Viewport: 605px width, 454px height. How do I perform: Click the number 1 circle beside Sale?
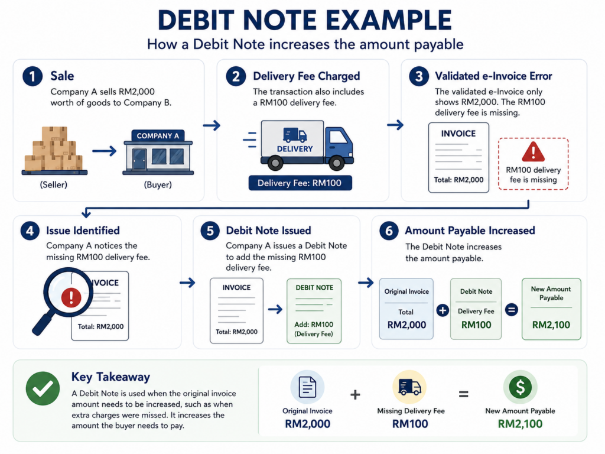click(x=32, y=76)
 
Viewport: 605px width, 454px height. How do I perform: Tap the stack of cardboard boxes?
click(x=54, y=149)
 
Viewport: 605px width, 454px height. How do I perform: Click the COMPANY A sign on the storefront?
click(x=158, y=135)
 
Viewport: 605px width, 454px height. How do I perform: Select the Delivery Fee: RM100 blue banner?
click(x=300, y=183)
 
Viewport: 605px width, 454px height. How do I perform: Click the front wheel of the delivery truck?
click(x=336, y=163)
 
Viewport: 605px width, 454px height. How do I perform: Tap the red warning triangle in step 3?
click(x=534, y=152)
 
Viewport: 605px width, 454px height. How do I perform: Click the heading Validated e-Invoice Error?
click(x=493, y=76)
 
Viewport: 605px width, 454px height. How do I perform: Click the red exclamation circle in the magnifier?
click(x=71, y=297)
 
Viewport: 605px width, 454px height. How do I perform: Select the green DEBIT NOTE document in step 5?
click(x=314, y=311)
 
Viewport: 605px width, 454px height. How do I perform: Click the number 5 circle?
click(x=210, y=231)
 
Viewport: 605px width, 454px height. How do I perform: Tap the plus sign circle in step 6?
click(x=443, y=310)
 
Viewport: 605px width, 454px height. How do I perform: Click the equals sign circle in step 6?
click(x=512, y=310)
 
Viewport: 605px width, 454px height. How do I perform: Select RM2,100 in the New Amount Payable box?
click(x=551, y=325)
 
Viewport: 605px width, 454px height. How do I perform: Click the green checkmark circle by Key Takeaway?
click(x=43, y=388)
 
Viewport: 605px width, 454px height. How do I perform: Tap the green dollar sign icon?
click(x=520, y=387)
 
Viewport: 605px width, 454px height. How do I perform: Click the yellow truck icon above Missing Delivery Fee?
click(x=410, y=387)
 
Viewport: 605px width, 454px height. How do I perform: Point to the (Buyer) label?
click(x=158, y=184)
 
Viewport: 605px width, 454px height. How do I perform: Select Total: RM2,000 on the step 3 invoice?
click(x=458, y=180)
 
